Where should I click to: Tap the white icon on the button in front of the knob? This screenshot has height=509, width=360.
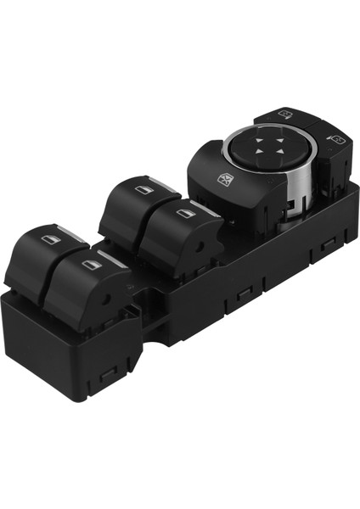pyautogui.click(x=227, y=178)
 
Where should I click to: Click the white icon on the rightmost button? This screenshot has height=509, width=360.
pyautogui.click(x=336, y=138)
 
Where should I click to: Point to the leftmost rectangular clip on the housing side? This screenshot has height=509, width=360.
pyautogui.click(x=108, y=371)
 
